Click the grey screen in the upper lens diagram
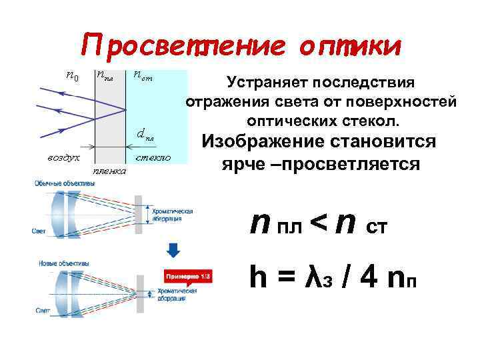click(138, 210)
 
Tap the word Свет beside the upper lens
click(39, 231)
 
